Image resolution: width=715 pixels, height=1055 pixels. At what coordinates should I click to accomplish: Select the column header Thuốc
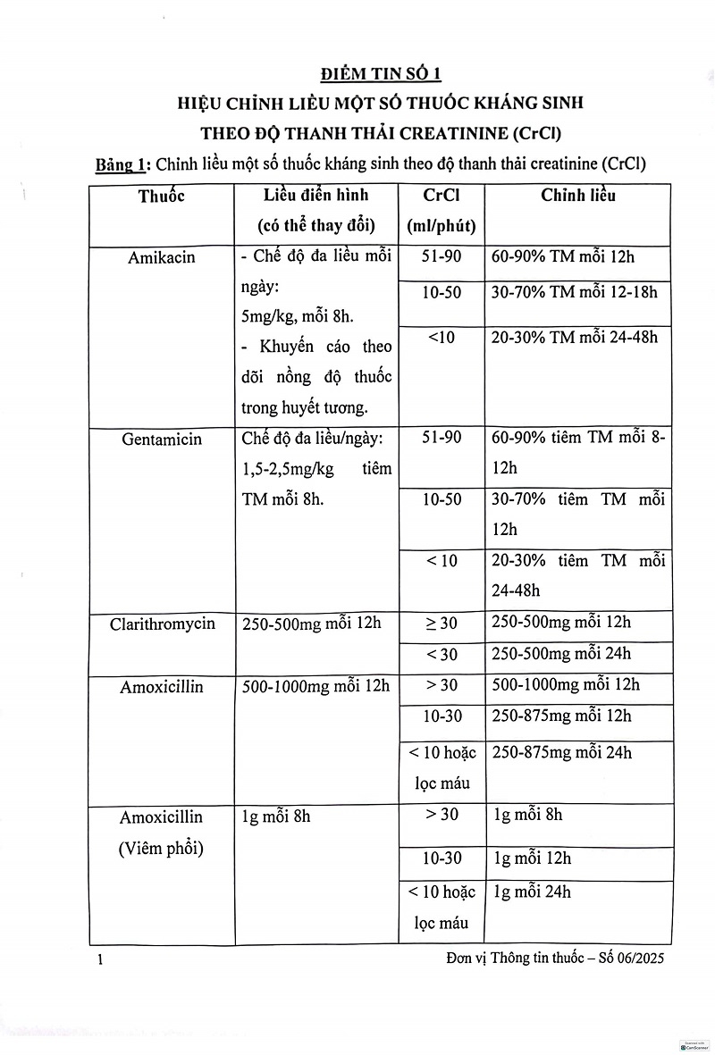click(x=161, y=197)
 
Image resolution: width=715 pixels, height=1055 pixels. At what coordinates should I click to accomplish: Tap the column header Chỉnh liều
click(x=577, y=195)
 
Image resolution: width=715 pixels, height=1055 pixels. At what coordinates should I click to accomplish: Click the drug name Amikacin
click(x=161, y=258)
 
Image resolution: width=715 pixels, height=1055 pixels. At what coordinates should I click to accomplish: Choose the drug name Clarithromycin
click(x=163, y=624)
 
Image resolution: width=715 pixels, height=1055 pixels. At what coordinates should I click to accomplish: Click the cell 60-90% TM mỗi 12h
click(x=562, y=257)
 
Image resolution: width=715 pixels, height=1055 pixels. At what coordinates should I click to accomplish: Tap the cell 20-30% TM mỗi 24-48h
click(x=574, y=337)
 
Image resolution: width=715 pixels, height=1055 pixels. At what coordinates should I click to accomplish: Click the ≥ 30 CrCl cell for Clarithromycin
click(x=442, y=624)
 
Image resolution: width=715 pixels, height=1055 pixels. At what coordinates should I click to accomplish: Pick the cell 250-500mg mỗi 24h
click(x=560, y=654)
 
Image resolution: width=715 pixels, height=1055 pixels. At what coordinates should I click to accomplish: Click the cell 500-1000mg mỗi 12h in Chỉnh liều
click(x=565, y=685)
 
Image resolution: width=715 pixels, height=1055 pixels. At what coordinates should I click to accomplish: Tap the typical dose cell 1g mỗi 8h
click(x=276, y=816)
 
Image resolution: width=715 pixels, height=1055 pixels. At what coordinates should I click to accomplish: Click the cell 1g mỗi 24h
click(x=532, y=892)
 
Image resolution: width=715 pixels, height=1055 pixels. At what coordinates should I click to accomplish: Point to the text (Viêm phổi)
click(x=161, y=849)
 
